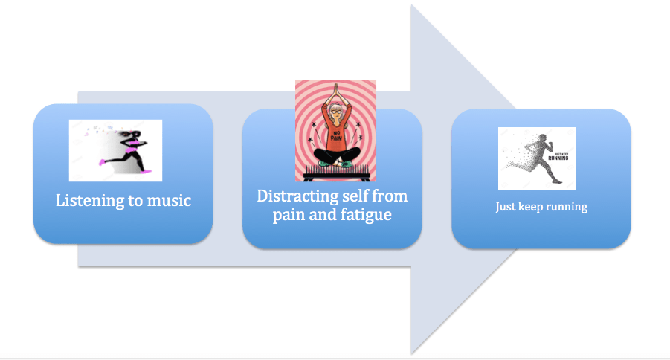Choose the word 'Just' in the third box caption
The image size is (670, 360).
pos(506,207)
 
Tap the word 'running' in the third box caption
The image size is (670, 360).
pos(565,208)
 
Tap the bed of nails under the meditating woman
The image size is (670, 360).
pos(335,176)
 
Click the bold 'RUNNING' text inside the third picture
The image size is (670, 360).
pos(558,157)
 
